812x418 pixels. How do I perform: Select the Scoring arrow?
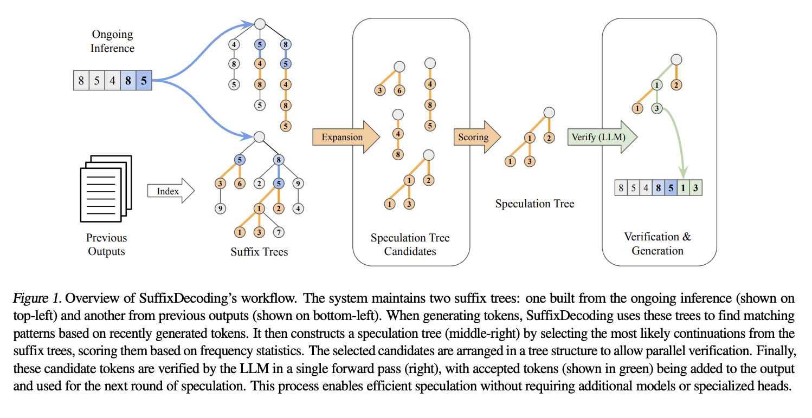[477, 137]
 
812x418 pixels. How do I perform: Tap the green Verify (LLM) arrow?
[602, 137]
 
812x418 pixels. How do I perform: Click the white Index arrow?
[171, 191]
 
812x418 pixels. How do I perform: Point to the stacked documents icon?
[106, 188]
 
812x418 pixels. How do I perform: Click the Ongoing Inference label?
[112, 41]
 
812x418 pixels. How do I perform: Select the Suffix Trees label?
[259, 251]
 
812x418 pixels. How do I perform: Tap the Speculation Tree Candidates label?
[410, 244]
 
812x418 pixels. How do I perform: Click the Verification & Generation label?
[657, 244]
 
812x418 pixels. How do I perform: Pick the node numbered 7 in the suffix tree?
[279, 232]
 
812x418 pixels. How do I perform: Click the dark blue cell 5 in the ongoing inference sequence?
[144, 81]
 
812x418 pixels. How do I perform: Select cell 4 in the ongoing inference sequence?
[112, 81]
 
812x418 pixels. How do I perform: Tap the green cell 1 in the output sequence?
[683, 188]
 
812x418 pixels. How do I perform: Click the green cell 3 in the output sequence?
[695, 188]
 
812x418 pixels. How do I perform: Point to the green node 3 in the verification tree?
[657, 108]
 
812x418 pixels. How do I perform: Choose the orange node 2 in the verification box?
[676, 85]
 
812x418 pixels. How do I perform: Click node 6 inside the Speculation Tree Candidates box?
[399, 90]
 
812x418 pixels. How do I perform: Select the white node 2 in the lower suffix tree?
[259, 184]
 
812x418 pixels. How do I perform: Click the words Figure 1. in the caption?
[37, 298]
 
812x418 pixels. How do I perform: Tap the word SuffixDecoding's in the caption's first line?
[188, 298]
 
